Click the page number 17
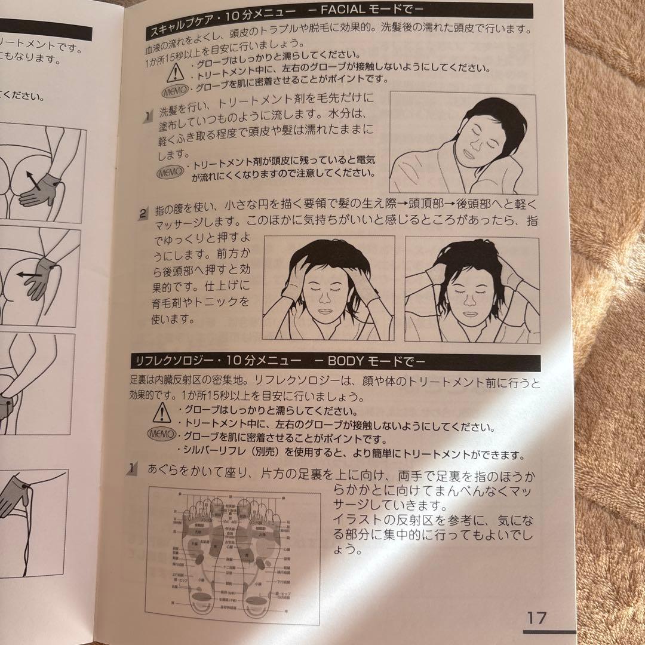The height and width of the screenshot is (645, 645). pyautogui.click(x=536, y=618)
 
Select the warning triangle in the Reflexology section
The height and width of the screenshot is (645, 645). pyautogui.click(x=161, y=412)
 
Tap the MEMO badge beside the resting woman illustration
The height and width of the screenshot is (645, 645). pyautogui.click(x=170, y=173)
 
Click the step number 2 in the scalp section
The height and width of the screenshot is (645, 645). pyautogui.click(x=143, y=213)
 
